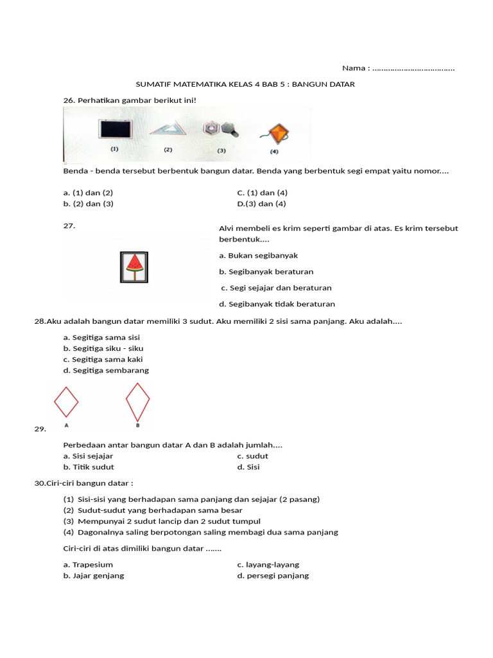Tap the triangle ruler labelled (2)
168,129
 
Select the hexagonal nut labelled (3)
212,129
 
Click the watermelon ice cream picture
134,267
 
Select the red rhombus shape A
66,402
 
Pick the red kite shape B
137,401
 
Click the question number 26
69,100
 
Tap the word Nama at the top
354,68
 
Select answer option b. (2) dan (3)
88,204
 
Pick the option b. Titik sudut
89,467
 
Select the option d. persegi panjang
273,576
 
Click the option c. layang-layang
268,565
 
